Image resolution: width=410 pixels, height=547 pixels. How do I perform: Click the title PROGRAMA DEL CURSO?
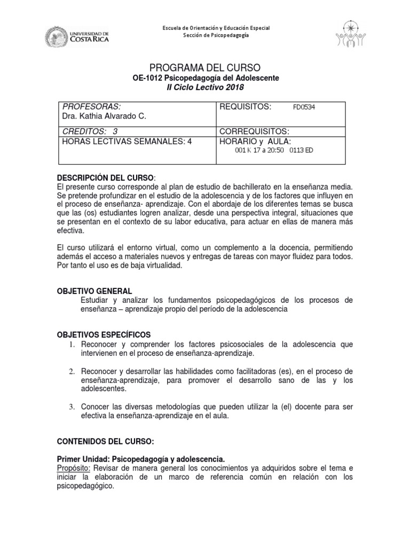(x=206, y=67)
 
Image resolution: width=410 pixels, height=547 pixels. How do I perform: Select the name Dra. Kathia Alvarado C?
(x=104, y=116)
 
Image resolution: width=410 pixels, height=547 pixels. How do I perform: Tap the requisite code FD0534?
(x=304, y=107)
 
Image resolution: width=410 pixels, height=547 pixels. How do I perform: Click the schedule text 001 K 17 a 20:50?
(x=260, y=150)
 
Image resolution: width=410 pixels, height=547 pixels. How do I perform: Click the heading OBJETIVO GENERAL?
(x=94, y=291)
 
